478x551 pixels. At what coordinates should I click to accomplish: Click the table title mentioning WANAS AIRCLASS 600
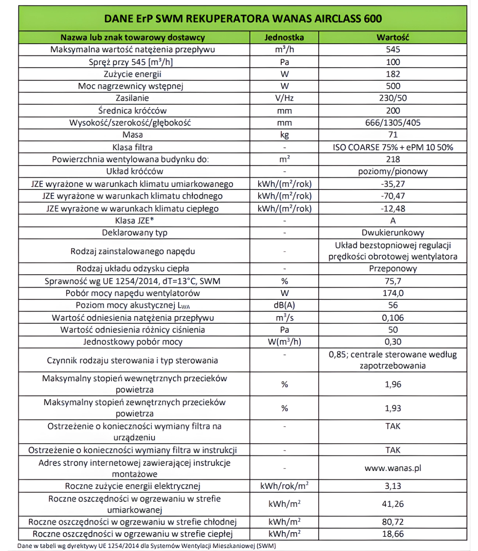243,18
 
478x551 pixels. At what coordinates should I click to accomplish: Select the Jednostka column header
284,37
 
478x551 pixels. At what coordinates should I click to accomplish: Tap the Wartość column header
393,37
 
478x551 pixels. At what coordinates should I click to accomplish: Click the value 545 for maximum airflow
393,50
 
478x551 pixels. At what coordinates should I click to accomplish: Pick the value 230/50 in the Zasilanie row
393,98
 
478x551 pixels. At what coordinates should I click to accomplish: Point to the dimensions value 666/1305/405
393,123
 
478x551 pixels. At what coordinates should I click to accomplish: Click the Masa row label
133,135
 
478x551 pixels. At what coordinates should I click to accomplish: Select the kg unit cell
284,135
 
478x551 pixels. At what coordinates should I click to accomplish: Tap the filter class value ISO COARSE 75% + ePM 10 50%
393,147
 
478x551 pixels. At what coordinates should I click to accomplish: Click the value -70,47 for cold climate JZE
393,196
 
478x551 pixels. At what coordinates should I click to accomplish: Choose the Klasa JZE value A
393,221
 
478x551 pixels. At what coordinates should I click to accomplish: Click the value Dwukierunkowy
393,233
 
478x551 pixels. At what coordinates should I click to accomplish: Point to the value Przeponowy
393,269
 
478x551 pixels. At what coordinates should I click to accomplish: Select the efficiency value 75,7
393,281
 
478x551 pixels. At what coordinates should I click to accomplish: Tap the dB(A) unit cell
284,305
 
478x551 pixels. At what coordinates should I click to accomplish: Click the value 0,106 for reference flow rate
393,318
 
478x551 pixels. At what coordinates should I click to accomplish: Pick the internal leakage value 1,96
393,385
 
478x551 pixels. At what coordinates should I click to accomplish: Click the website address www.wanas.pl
393,468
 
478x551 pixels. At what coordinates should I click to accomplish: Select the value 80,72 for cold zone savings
393,522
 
